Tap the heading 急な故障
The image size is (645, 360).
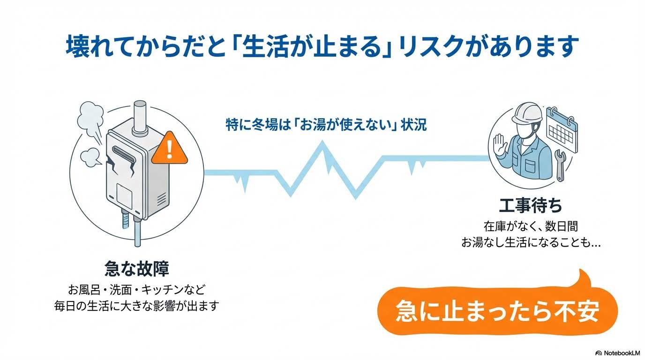click(136, 269)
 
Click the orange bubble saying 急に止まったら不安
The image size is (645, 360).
click(497, 311)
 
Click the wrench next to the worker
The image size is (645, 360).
click(560, 165)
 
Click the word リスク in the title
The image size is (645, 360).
click(426, 47)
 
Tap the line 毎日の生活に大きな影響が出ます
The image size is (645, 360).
click(136, 306)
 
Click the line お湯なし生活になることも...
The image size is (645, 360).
click(531, 243)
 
